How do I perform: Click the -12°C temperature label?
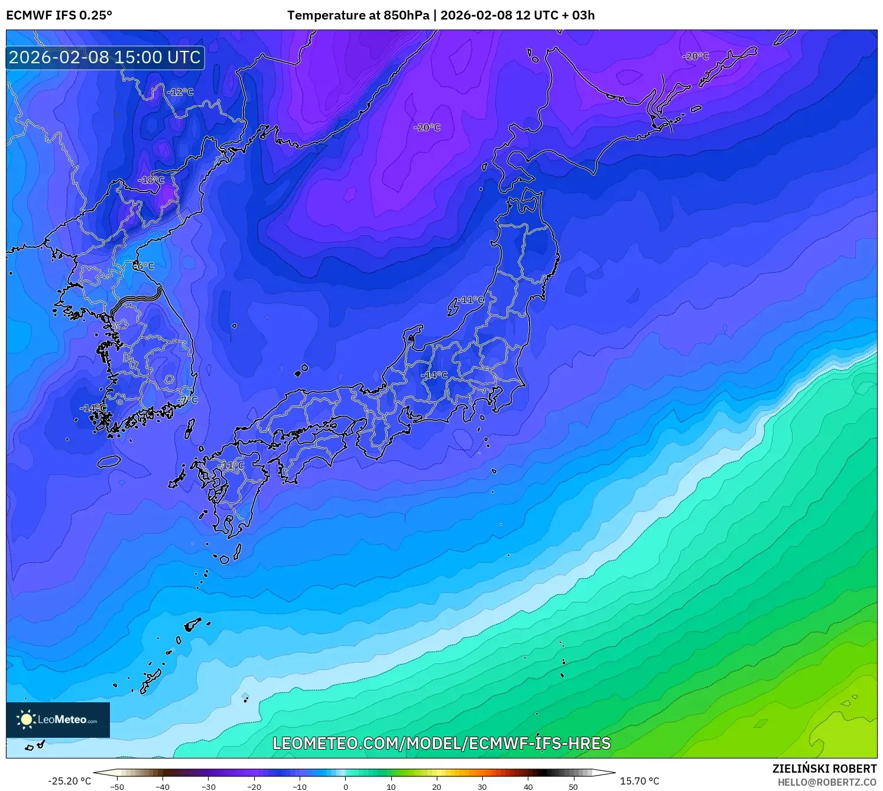pos(180,92)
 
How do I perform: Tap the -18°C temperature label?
pos(151,180)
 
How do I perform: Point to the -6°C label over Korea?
pos(143,266)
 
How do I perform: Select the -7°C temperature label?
pos(187,400)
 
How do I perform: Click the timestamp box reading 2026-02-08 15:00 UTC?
pos(105,57)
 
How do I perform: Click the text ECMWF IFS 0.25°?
pos(59,15)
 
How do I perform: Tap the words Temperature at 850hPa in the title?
pos(358,15)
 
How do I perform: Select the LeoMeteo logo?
pos(58,719)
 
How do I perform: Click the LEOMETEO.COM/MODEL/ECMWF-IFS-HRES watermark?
pos(441,743)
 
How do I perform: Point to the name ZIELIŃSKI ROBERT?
pos(824,769)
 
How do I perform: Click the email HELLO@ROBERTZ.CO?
pos(827,782)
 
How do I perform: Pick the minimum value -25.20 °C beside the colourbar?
pos(70,781)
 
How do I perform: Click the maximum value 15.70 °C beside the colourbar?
pos(639,781)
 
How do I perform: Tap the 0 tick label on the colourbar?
pos(346,787)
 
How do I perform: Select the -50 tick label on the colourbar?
pos(117,787)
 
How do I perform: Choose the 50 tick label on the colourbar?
pos(573,787)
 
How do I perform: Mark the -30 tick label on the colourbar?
pos(208,787)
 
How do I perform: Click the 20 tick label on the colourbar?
pos(437,787)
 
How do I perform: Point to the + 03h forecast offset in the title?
pos(579,15)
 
